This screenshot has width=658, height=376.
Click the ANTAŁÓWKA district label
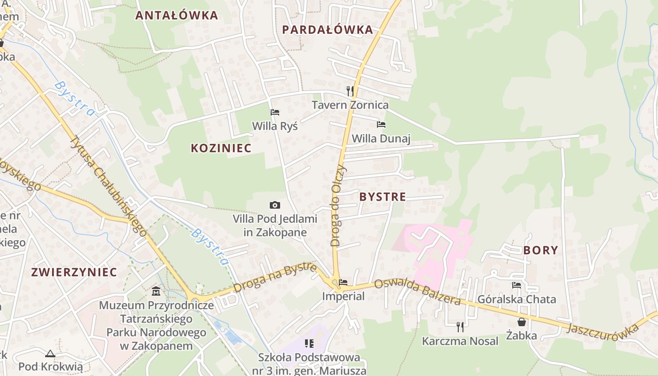pyautogui.click(x=177, y=16)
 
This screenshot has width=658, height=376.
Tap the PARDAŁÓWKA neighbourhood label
pyautogui.click(x=328, y=30)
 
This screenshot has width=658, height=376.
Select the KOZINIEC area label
pyautogui.click(x=221, y=148)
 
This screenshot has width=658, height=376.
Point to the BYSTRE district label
pyautogui.click(x=383, y=197)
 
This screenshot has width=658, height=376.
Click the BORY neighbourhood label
pyautogui.click(x=540, y=250)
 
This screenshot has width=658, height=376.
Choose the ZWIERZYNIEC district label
pyautogui.click(x=74, y=272)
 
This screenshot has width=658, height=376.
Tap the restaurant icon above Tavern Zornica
pyautogui.click(x=350, y=91)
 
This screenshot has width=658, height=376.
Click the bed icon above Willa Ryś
pyautogui.click(x=275, y=112)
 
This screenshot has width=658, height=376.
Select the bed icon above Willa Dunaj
pyautogui.click(x=381, y=125)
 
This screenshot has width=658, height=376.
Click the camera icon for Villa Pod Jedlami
pyautogui.click(x=275, y=205)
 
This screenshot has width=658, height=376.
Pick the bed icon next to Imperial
pyautogui.click(x=344, y=282)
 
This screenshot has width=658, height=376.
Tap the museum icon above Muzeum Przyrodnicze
pyautogui.click(x=156, y=291)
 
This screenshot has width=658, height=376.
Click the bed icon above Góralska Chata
pyautogui.click(x=517, y=285)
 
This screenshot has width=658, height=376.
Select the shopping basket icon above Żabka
pyautogui.click(x=522, y=322)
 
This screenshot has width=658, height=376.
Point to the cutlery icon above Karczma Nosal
pyautogui.click(x=460, y=327)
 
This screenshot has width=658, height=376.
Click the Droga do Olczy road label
pyautogui.click(x=338, y=205)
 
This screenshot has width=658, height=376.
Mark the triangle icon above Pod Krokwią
pyautogui.click(x=50, y=353)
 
